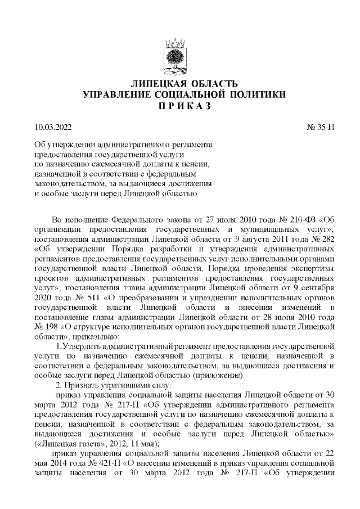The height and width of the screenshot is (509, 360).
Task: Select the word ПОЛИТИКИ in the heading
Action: pos(251,94)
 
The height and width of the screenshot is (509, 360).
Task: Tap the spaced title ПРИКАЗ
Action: pos(179,105)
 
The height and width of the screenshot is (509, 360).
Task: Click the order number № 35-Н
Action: pos(321,128)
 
